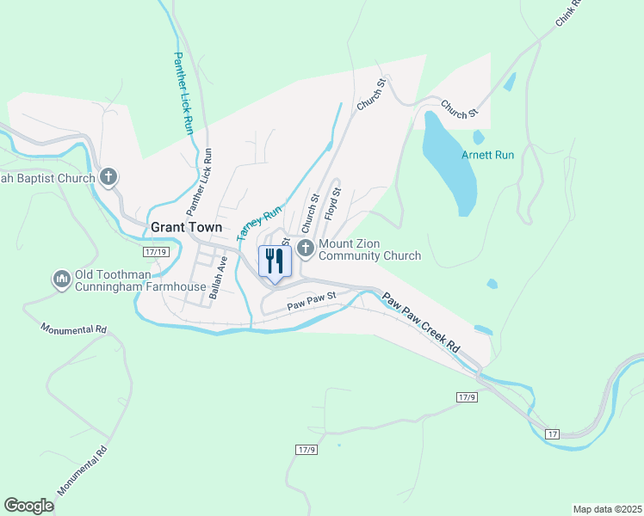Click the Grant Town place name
point(186,227)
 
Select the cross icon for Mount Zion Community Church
point(305,249)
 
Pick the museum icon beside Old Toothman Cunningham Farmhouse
point(61,280)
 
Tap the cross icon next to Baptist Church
point(108,178)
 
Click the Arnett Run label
point(487,155)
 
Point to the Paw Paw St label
point(310,302)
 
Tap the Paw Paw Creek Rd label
point(421,322)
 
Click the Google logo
point(28,506)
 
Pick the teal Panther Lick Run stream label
point(183,94)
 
